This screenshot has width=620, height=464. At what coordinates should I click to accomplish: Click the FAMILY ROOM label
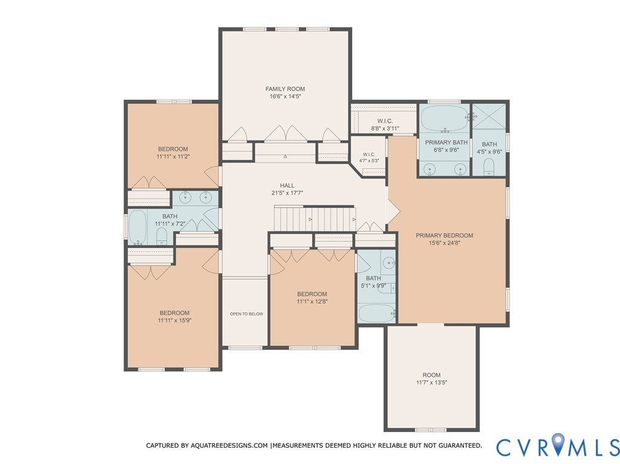tap(285, 89)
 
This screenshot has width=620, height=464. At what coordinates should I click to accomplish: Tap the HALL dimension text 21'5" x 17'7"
tap(287, 193)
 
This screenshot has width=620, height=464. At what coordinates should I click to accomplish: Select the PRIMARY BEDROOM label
tap(444, 235)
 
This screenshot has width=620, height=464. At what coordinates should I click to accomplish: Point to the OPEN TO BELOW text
tap(246, 314)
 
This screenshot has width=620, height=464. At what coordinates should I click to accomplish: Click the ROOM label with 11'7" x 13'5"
tap(431, 374)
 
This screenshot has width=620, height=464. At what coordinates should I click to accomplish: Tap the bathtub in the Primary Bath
tap(445, 118)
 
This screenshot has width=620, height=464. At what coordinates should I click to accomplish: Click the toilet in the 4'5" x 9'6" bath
tap(489, 167)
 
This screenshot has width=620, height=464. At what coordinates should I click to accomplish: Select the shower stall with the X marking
tap(489, 116)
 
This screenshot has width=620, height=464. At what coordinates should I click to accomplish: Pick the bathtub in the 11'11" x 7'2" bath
tap(137, 227)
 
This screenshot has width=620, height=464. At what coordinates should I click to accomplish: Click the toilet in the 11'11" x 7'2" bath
tap(162, 237)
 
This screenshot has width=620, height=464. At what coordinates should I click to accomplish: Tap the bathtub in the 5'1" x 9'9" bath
tap(376, 313)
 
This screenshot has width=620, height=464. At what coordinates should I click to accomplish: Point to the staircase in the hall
tap(315, 218)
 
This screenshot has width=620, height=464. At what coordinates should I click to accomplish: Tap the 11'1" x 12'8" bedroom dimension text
tap(312, 301)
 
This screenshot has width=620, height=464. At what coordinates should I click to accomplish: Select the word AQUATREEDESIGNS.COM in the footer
tap(229, 445)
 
